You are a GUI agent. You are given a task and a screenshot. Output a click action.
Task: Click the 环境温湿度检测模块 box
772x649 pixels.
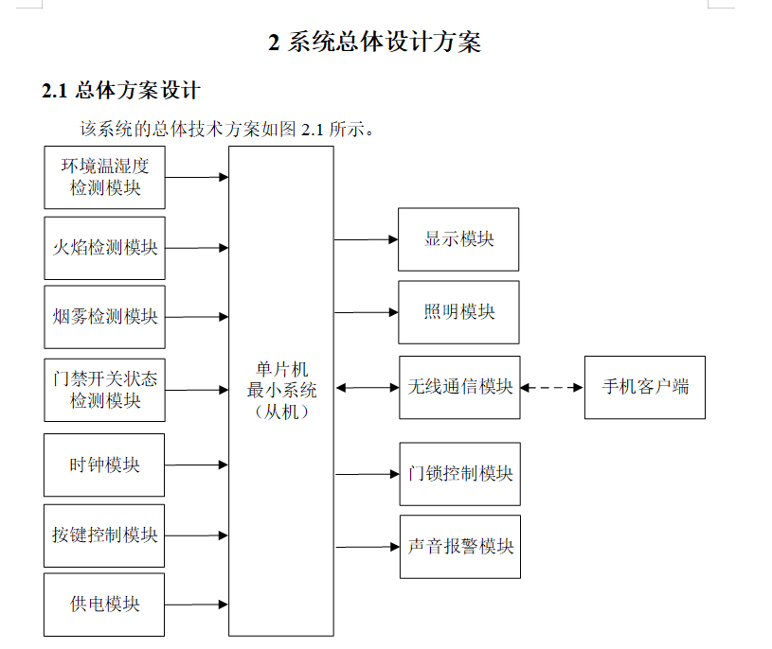(104, 177)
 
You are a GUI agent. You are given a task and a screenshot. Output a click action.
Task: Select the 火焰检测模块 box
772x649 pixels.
(104, 248)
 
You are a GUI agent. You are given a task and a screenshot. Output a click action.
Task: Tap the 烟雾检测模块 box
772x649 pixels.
(104, 317)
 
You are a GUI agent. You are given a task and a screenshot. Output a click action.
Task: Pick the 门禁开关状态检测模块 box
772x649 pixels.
(104, 390)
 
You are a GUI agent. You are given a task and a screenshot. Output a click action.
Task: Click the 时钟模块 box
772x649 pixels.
(104, 465)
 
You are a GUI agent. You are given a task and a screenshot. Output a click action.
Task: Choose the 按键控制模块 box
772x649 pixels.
(104, 535)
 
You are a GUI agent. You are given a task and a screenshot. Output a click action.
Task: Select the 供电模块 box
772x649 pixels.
(104, 605)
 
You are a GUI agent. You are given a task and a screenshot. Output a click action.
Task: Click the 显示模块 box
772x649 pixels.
(458, 239)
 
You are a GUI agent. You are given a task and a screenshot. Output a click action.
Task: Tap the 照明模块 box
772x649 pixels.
(458, 312)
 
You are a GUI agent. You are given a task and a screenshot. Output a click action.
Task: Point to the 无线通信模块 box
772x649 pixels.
(459, 387)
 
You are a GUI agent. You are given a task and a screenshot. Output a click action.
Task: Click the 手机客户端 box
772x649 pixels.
(644, 387)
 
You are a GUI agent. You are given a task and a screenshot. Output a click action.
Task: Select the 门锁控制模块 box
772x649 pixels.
(459, 473)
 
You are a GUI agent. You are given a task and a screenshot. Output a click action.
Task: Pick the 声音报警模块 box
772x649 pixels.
(459, 547)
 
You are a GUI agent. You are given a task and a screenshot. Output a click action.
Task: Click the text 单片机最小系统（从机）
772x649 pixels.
(281, 391)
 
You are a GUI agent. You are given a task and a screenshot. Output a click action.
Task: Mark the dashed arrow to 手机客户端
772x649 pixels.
(552, 387)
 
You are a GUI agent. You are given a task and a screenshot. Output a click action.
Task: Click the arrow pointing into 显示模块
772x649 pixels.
(366, 239)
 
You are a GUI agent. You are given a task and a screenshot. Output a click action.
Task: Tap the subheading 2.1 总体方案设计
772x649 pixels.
(121, 92)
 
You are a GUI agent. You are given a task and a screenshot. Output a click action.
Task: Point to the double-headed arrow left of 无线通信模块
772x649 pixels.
(367, 387)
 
